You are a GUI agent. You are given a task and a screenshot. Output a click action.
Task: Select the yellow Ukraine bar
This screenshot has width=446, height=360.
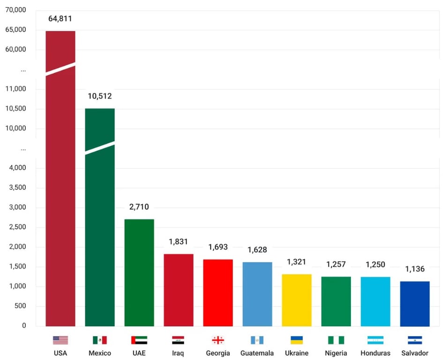pos(297,300)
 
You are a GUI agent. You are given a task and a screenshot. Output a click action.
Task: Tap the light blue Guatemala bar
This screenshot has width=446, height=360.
pos(257,294)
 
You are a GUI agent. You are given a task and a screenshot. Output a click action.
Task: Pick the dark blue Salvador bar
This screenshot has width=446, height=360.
pos(415,304)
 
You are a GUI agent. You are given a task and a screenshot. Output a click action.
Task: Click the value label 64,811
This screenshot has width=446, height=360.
pos(60,19)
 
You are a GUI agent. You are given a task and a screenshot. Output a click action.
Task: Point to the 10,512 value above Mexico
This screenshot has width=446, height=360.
pos(100,97)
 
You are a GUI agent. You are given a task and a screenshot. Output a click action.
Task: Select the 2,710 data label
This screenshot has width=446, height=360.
pos(139,207)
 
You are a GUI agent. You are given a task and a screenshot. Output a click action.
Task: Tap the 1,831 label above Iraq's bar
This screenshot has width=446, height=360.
pos(178,242)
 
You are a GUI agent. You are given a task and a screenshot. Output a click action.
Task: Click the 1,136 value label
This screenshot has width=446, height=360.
pos(415,270)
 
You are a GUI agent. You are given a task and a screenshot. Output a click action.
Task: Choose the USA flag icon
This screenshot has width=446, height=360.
pos(60,340)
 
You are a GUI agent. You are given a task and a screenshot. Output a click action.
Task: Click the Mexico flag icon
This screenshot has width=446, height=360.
pos(100,340)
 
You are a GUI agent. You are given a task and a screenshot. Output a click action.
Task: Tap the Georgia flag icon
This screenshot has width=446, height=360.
pos(218,340)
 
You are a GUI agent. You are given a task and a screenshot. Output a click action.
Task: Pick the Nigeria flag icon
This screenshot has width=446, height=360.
pos(336,340)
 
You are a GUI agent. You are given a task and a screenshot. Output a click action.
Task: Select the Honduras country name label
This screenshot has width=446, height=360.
pos(375,353)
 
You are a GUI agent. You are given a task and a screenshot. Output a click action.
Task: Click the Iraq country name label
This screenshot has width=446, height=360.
pos(178,353)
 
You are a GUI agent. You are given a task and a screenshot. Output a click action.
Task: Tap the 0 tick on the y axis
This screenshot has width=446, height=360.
pos(23,325)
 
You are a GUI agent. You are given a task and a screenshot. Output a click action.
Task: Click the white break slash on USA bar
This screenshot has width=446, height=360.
pos(60,68)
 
